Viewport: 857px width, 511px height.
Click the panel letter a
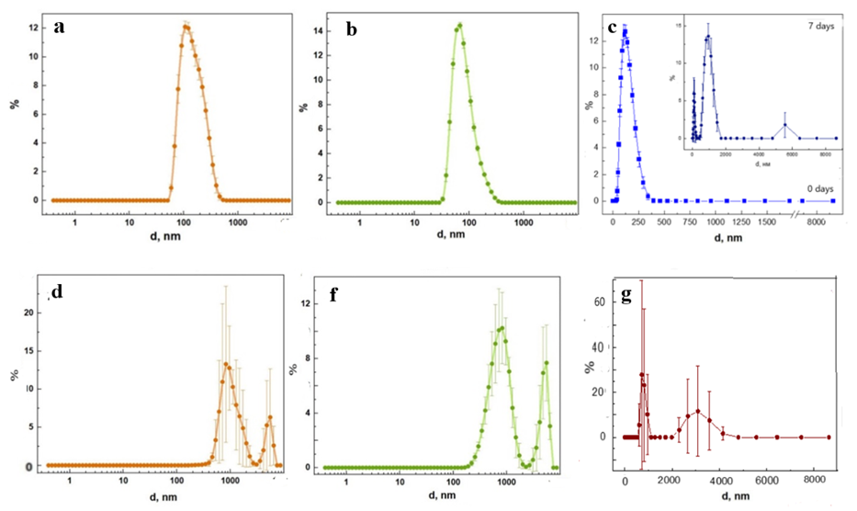tap(61, 27)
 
